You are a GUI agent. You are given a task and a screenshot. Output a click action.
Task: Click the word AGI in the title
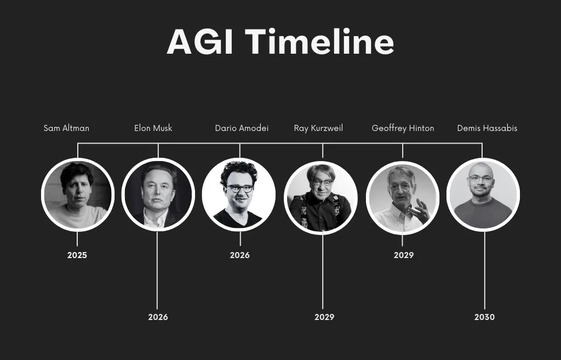point(200,42)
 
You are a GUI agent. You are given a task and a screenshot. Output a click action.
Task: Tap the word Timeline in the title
point(319,42)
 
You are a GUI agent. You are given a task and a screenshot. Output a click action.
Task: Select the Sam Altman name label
point(66,128)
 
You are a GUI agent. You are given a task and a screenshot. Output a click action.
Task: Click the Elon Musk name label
point(153,128)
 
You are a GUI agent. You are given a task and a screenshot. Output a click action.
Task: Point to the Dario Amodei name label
point(242,128)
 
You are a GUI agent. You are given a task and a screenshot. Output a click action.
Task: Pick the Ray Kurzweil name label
point(318,128)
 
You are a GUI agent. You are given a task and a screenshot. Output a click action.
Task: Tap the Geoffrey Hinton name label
point(403,128)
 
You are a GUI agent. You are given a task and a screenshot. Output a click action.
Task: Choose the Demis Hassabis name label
point(487,128)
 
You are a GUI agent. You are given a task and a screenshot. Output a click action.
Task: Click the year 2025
point(77,255)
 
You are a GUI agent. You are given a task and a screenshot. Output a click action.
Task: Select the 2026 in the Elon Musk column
point(158,317)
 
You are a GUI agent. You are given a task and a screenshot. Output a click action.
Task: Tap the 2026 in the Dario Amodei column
point(240,255)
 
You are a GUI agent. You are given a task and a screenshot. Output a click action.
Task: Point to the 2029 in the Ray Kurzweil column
point(324,317)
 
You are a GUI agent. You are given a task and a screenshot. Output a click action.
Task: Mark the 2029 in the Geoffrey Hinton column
point(404,255)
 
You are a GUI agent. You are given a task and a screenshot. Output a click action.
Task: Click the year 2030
point(484,317)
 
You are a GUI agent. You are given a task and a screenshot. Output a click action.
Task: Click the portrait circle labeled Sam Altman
point(78,195)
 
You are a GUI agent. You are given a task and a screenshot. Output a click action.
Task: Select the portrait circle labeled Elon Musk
point(158,195)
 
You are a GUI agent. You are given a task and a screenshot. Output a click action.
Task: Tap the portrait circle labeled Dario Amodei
point(239,195)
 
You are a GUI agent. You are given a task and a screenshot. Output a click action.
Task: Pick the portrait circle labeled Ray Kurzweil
point(321,198)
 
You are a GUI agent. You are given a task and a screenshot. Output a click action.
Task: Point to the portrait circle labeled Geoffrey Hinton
point(403,198)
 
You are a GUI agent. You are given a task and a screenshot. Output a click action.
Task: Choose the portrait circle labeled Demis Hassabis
point(483,195)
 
